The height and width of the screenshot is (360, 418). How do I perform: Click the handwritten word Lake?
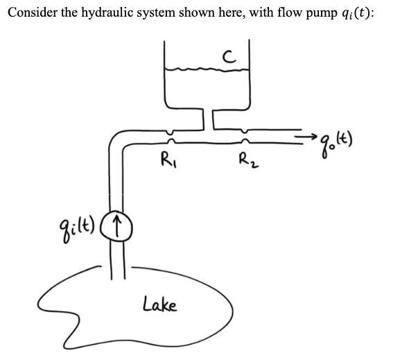[159, 303]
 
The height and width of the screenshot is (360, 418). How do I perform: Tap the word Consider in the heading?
[28, 13]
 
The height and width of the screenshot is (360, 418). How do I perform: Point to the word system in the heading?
[154, 13]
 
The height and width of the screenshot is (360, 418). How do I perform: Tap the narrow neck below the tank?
[207, 119]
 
